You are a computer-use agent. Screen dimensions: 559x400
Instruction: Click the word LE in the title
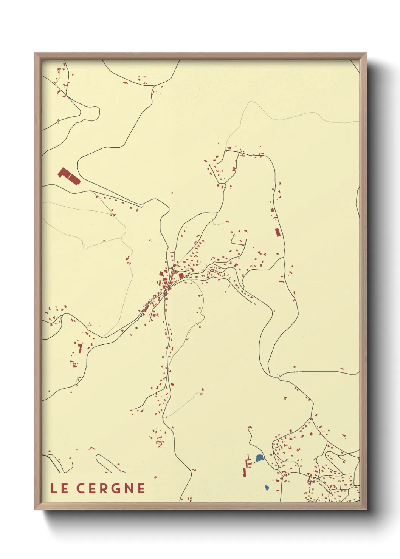[59, 488]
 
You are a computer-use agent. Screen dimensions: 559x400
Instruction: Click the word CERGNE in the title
[111, 488]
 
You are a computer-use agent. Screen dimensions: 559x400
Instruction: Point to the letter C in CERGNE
[81, 488]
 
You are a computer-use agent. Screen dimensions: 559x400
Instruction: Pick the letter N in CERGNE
[127, 488]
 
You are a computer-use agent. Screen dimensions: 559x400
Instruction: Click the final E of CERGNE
[141, 488]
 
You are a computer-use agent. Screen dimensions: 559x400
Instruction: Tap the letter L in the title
[54, 488]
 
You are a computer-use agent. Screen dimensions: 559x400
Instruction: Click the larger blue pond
[259, 458]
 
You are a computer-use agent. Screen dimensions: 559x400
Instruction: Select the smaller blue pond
[267, 487]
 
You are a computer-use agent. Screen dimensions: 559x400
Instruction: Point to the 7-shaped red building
[80, 347]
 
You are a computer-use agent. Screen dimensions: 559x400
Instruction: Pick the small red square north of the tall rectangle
[272, 210]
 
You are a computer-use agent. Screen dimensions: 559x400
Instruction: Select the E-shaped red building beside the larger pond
[248, 462]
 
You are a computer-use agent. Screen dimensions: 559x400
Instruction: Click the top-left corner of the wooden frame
[35, 53]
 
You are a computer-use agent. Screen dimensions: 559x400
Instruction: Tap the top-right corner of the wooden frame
[366, 53]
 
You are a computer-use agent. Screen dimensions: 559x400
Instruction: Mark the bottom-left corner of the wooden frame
[35, 510]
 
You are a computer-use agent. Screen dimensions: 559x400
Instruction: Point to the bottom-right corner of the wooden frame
[366, 510]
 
